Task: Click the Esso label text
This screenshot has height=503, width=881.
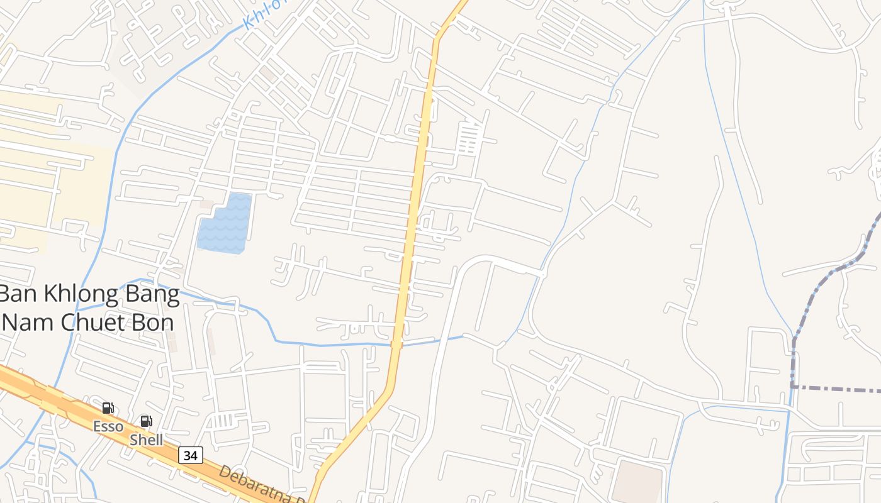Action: click(108, 426)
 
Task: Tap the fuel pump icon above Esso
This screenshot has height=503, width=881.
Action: click(108, 409)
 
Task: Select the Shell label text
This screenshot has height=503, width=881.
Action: click(146, 440)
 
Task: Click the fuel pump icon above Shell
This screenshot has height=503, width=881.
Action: click(146, 421)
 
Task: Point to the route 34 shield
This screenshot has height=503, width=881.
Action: click(190, 455)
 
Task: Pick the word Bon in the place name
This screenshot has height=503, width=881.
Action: click(155, 322)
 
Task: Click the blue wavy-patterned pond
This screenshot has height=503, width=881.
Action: click(225, 224)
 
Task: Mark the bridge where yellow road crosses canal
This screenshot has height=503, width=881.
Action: click(396, 344)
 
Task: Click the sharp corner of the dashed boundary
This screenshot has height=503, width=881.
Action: click(794, 387)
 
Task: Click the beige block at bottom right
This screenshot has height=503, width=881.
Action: click(639, 481)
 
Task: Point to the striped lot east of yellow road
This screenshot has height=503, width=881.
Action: click(469, 138)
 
